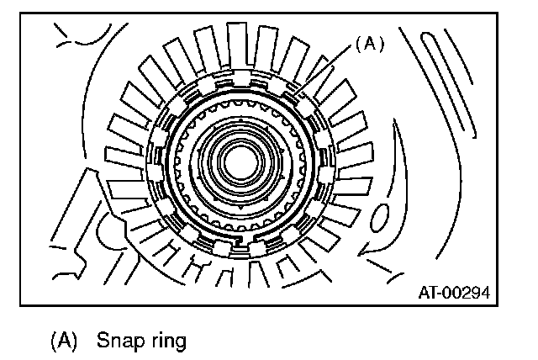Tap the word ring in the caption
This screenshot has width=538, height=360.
click(x=165, y=341)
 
